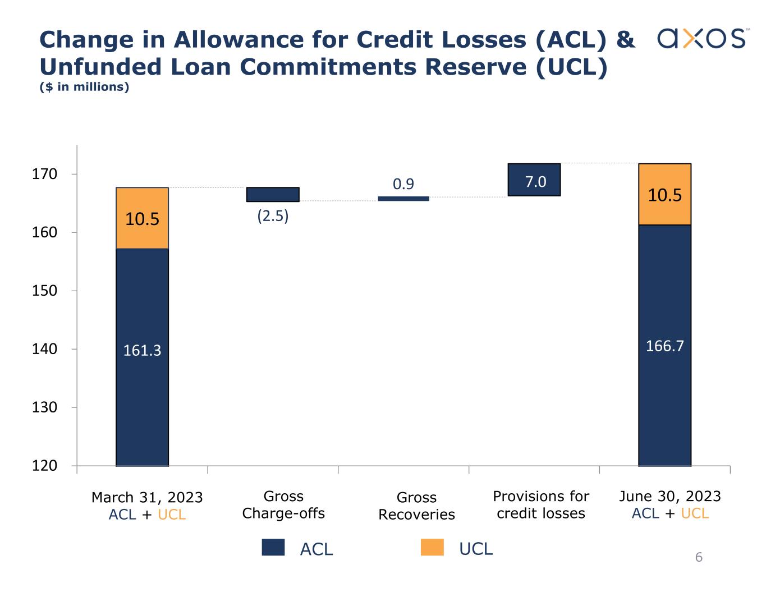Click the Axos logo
[702, 39]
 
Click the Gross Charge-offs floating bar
[273, 194]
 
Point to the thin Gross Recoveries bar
[403, 199]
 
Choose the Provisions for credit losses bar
[534, 180]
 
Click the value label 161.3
[142, 351]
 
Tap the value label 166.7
[664, 346]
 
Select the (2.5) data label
[273, 216]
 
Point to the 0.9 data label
[403, 184]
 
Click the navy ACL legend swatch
[273, 548]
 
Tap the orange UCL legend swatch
[432, 548]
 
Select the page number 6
[699, 557]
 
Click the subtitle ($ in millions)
[85, 87]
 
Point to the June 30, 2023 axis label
[670, 496]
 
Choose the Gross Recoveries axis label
[416, 506]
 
